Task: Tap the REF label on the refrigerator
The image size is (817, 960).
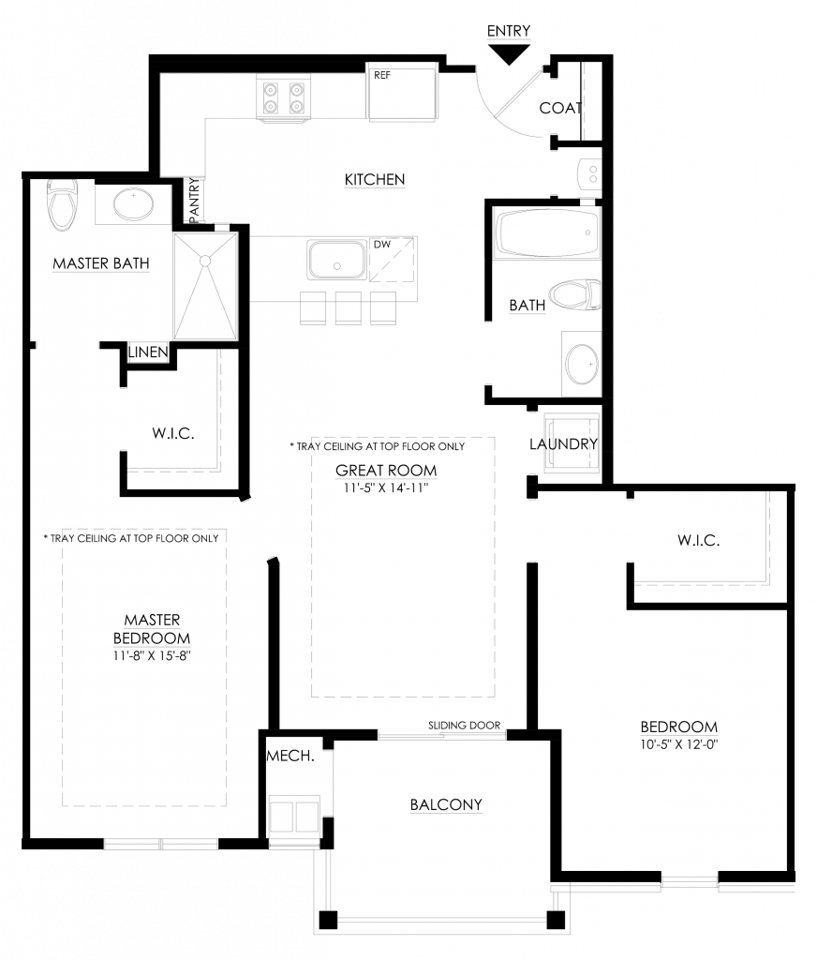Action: pos(382,75)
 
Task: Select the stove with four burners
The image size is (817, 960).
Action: pos(283,97)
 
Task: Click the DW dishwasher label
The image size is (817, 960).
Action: pos(382,245)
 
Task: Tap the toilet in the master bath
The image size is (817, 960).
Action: pos(62,204)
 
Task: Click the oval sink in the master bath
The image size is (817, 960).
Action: pos(133,203)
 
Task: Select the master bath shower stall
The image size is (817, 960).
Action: pos(205,286)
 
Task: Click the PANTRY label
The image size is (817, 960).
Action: pos(194,200)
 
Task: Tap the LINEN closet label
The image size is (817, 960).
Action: pos(148,352)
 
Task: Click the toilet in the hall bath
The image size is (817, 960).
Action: pos(574,294)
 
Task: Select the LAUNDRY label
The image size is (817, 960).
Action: pos(563,443)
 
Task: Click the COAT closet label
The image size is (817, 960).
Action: pos(560,108)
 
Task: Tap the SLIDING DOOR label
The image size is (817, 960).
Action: pos(464,726)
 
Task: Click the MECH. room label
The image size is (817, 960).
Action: pos(290,757)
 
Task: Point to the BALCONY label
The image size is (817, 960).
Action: pos(446,804)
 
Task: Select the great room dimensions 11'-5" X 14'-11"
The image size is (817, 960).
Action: pos(386,487)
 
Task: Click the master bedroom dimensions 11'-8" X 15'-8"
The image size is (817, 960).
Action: pos(152,655)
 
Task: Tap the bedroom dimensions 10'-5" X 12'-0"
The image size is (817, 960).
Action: pos(678,744)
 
